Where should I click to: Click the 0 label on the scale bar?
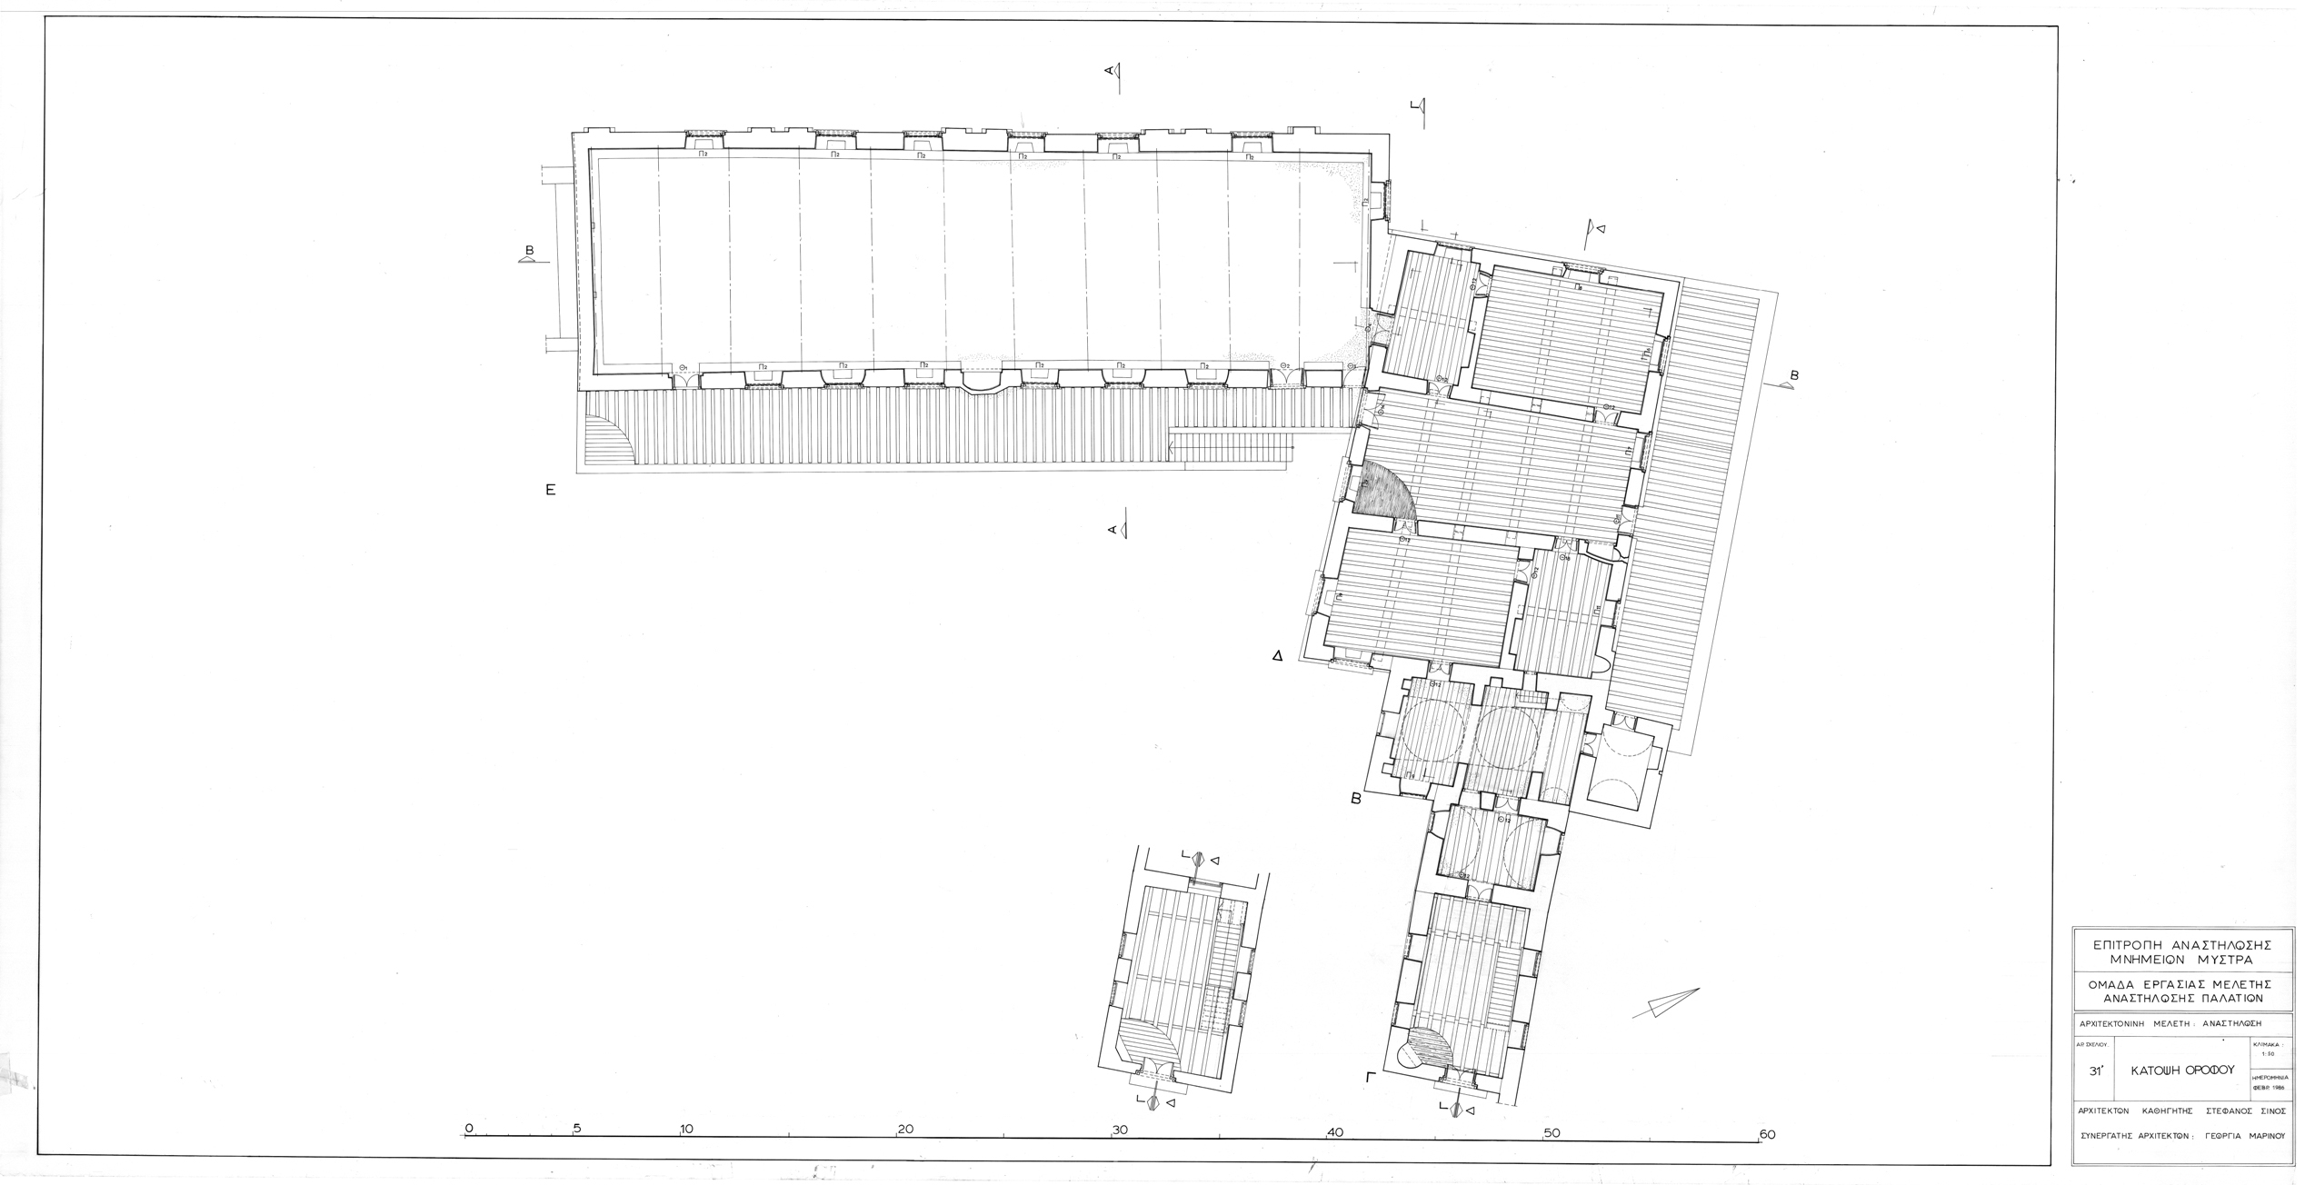[469, 1129]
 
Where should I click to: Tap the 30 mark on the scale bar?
[1120, 1130]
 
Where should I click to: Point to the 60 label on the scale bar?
[1767, 1134]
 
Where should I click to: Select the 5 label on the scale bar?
[577, 1130]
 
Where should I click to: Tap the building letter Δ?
[1277, 654]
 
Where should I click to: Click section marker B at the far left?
[529, 253]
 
